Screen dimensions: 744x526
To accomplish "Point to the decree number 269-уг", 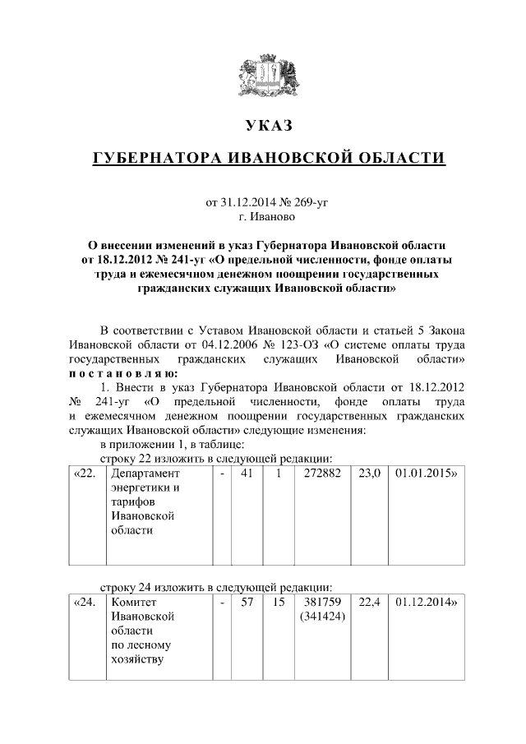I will (x=310, y=201).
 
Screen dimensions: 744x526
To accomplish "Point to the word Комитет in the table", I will (x=133, y=602).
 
